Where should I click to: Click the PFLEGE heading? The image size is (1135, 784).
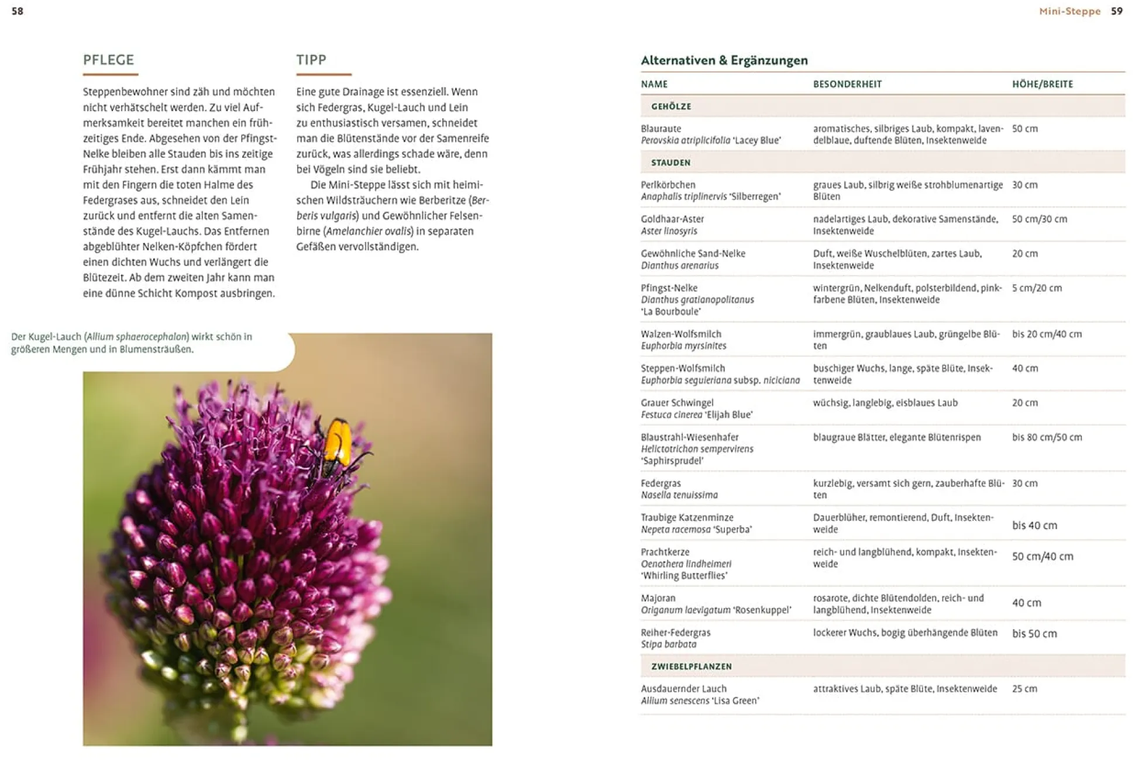108,60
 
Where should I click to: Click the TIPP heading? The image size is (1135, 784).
311,60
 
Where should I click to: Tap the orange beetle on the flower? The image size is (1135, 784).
338,441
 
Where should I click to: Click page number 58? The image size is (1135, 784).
18,11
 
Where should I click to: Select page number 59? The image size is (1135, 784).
1116,11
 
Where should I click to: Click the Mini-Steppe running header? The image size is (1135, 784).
1069,11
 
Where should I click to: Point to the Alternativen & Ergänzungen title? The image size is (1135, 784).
724,60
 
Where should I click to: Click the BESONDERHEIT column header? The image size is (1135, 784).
847,84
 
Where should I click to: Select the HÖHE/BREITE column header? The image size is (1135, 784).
1042,84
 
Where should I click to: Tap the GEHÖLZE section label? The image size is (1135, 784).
671,106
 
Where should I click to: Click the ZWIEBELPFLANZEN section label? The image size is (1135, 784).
691,666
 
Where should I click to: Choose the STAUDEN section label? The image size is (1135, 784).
670,163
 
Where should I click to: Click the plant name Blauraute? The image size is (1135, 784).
661,129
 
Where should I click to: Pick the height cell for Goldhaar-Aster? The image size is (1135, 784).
1039,219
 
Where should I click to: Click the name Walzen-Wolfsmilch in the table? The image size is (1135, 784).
681,334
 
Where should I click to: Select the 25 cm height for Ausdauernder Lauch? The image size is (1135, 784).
1024,689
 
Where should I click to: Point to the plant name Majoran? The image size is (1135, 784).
658,598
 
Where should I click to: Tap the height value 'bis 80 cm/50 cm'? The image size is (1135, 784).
1047,437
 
